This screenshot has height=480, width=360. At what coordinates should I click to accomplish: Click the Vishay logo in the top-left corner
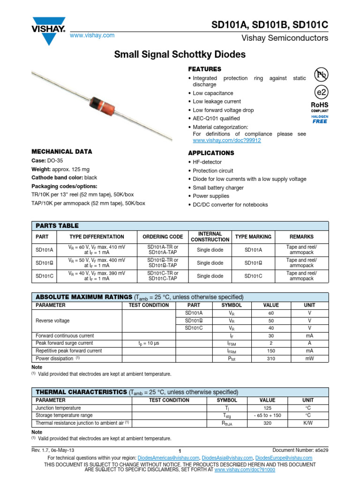(48, 31)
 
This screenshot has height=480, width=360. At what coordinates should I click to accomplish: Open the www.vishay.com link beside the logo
(92, 36)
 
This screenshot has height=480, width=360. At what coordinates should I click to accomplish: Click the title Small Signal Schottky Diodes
(180, 54)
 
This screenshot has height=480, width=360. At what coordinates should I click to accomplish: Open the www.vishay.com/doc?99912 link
(227, 140)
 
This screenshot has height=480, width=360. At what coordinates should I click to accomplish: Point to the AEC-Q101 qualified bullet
(216, 119)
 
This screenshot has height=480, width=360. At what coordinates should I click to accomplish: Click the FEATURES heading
(204, 69)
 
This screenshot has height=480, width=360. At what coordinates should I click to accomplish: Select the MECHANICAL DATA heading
(61, 152)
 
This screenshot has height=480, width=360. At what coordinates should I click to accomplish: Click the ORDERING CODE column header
(163, 237)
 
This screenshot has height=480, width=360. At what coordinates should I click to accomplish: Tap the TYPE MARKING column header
(254, 237)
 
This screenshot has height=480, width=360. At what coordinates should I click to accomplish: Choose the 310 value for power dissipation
(270, 358)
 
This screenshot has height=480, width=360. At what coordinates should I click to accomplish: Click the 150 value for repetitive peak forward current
(270, 351)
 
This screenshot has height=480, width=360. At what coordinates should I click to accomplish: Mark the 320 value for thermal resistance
(268, 423)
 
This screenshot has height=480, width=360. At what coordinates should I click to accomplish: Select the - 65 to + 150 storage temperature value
(268, 415)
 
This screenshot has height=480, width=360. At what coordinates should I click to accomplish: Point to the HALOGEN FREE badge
(321, 119)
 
